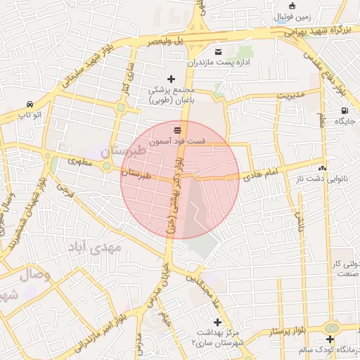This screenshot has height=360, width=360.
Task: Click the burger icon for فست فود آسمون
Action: [x=176, y=129]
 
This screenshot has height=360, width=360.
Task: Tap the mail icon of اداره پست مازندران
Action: [x=217, y=52]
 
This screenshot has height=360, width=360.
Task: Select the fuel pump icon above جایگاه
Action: [x=344, y=110]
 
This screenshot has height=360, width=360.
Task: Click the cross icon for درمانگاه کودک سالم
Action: [x=330, y=339]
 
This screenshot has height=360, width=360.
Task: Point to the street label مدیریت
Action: [x=290, y=94]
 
